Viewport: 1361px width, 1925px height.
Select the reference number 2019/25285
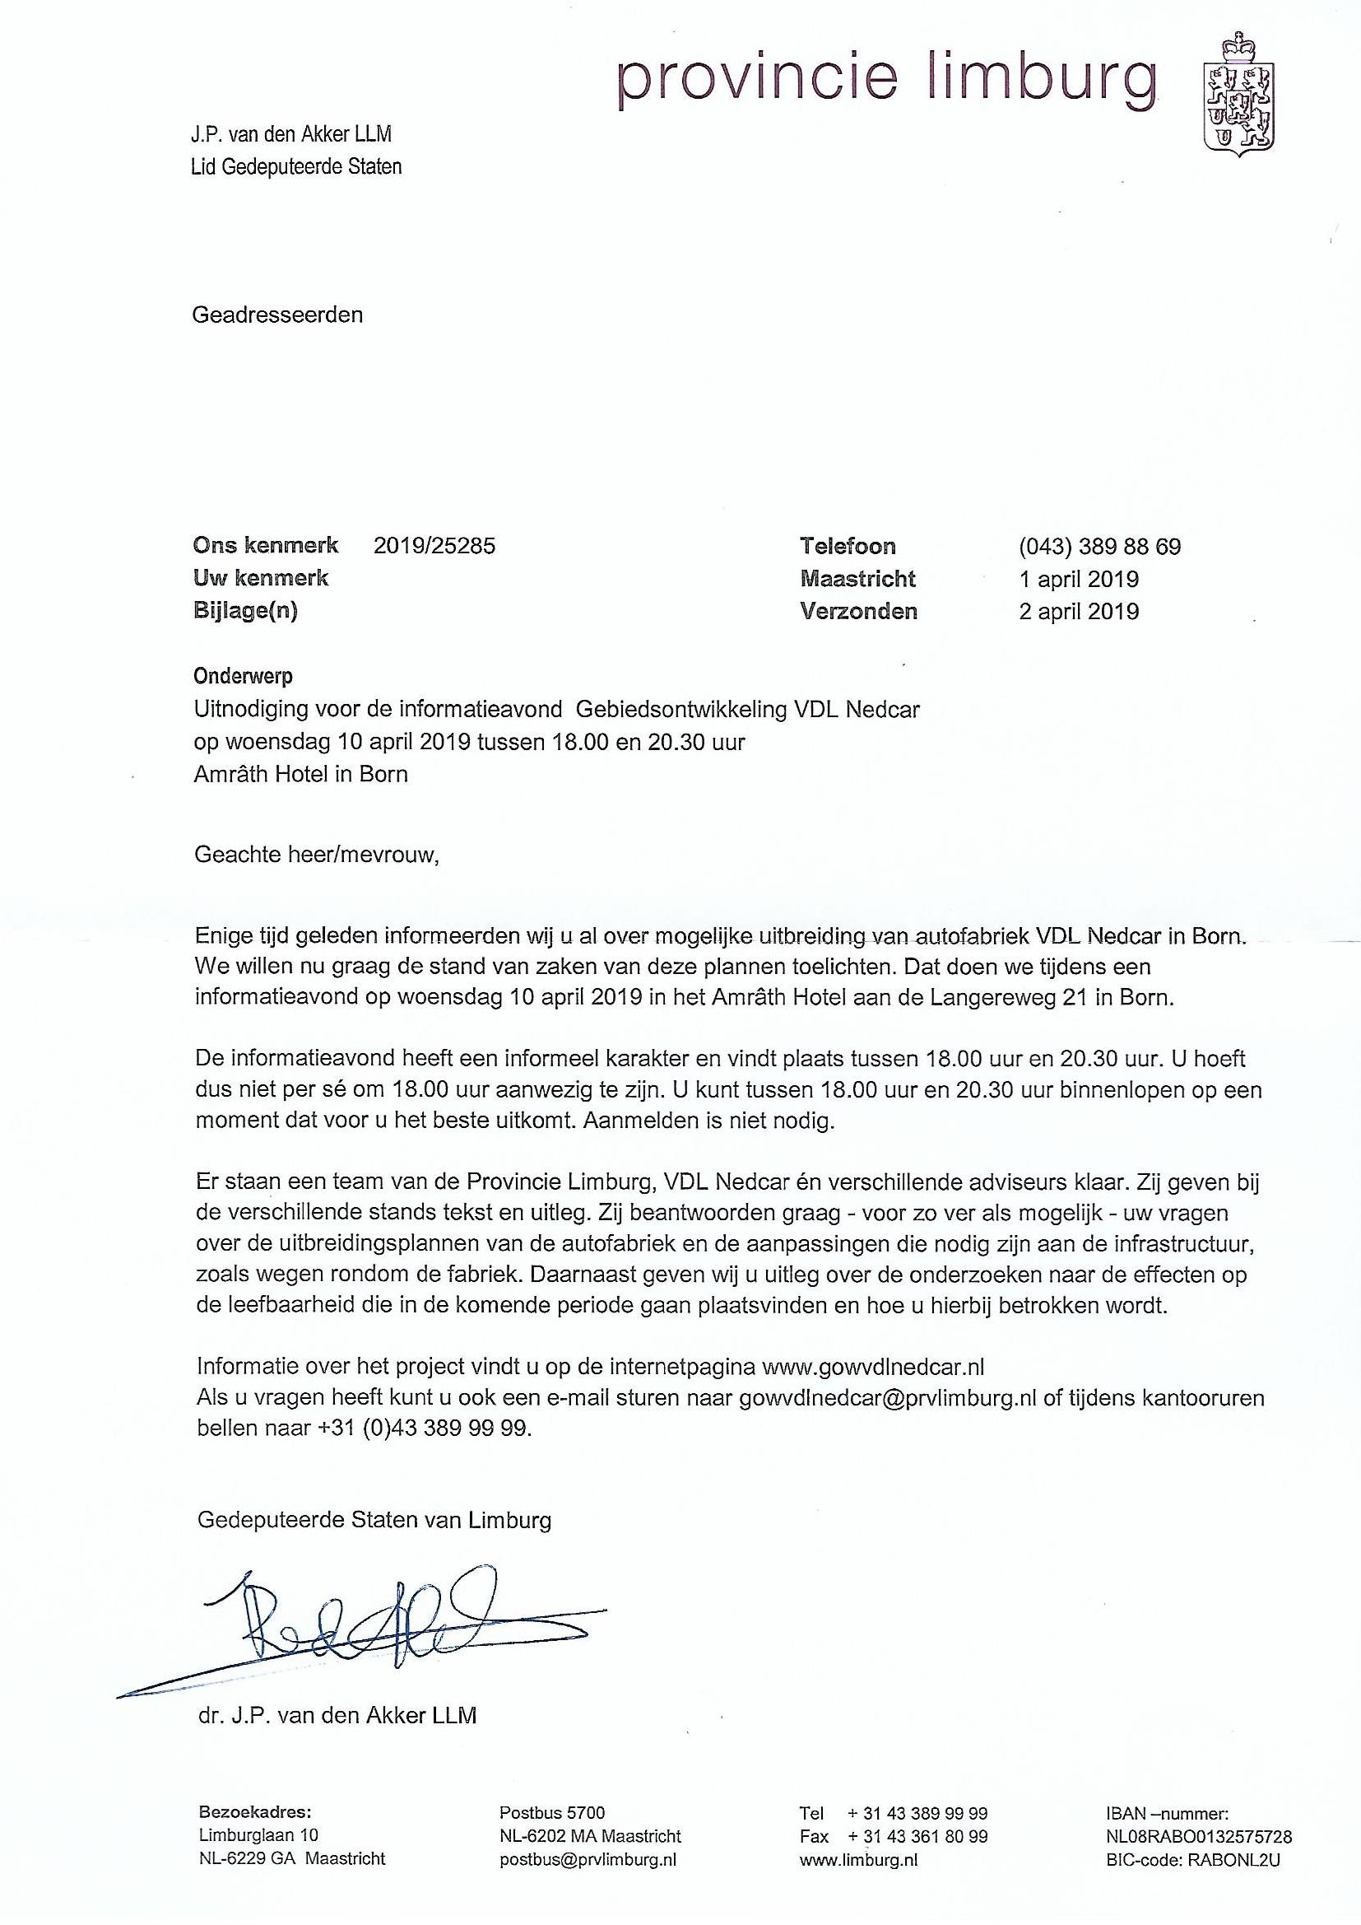pos(434,546)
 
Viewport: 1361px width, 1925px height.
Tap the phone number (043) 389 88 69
pos(1099,548)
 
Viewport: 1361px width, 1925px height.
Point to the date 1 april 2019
pos(1079,580)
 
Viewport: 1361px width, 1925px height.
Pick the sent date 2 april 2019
pos(1079,611)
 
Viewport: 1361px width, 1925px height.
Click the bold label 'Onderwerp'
pos(244,676)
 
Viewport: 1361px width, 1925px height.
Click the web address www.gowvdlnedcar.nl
pos(872,1367)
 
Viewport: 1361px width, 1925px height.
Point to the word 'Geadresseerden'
pos(277,315)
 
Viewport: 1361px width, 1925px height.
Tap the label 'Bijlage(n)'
pos(245,611)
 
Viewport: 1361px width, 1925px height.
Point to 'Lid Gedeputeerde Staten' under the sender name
pos(297,167)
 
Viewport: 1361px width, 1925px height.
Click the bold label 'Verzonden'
pos(858,611)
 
